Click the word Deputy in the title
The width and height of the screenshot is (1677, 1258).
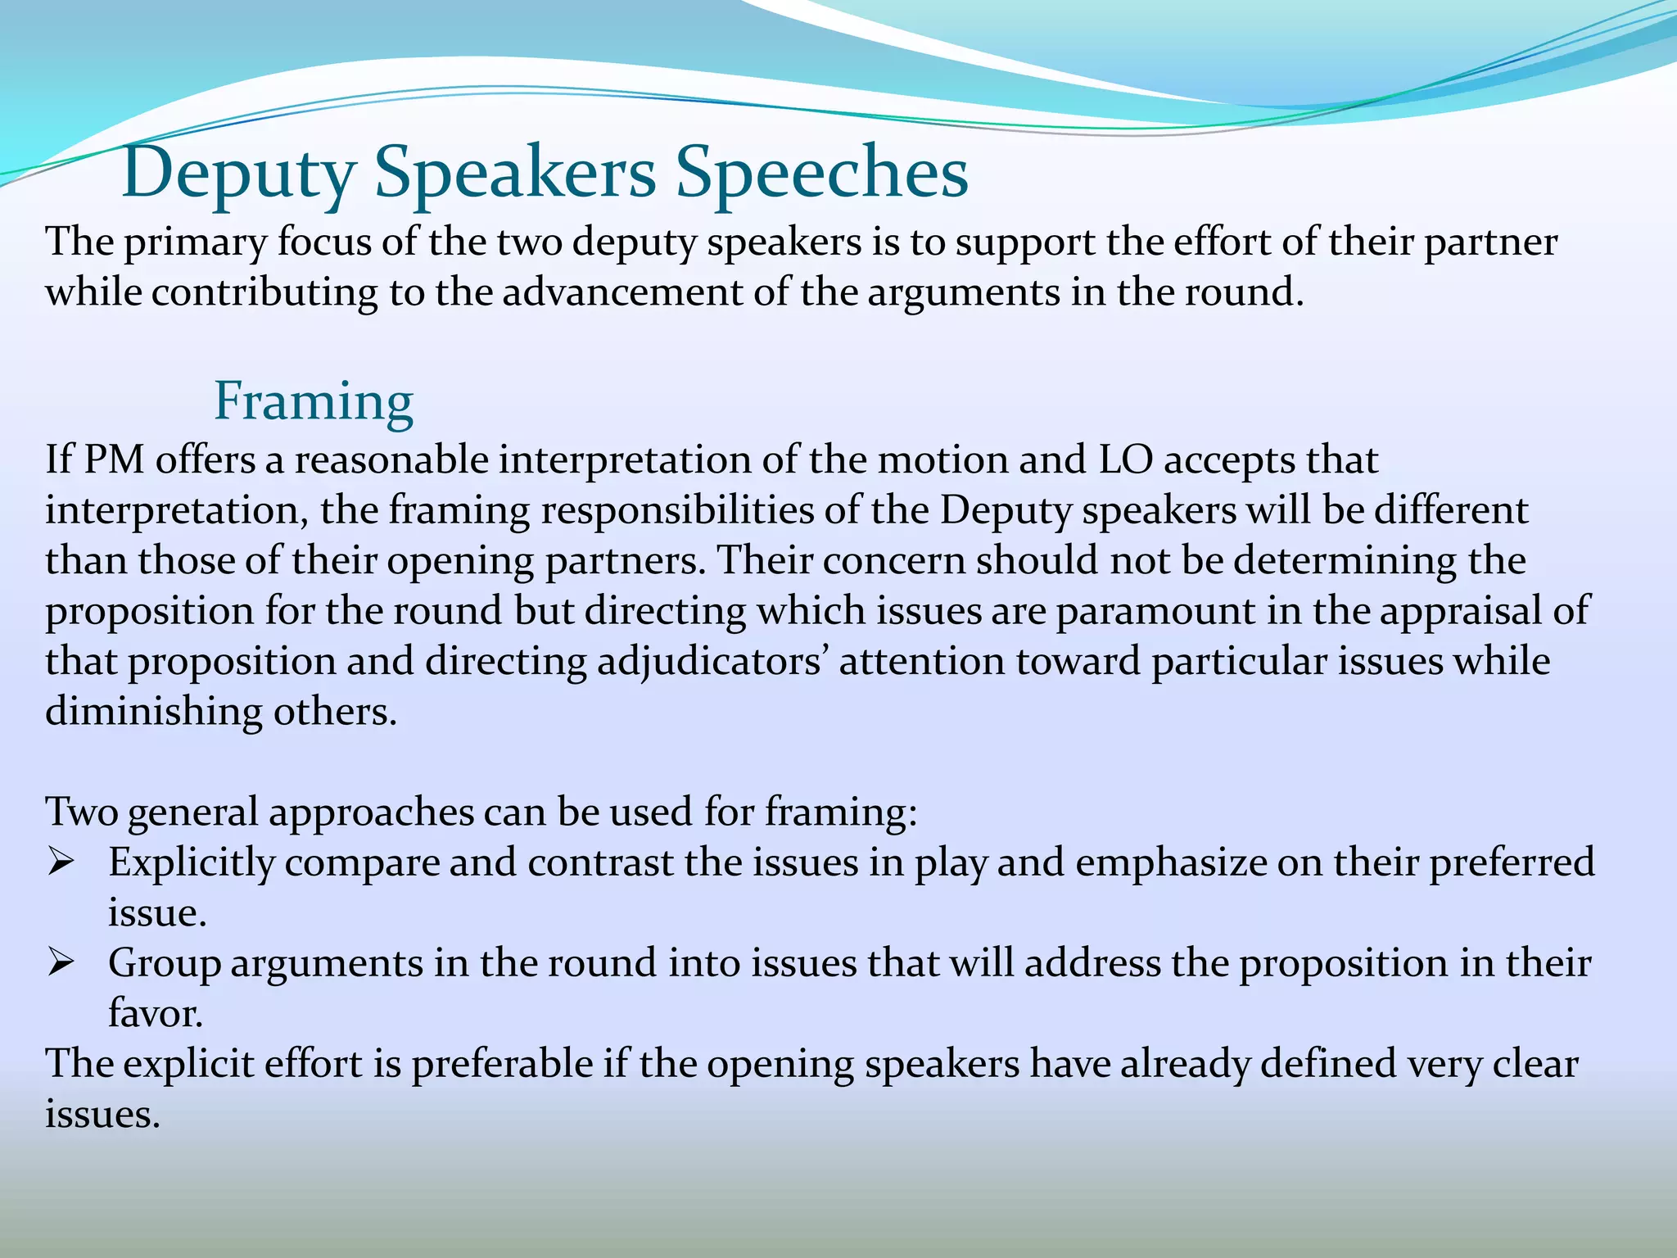pos(238,174)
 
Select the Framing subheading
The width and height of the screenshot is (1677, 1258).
pos(314,402)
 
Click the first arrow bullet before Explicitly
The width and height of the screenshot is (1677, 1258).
pos(61,862)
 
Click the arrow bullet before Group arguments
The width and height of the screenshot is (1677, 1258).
pos(61,963)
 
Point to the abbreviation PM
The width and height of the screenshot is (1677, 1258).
pos(114,459)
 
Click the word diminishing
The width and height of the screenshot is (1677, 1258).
pos(153,712)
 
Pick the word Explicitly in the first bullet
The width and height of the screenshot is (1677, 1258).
pos(192,863)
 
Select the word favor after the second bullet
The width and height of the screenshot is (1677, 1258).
pos(155,1014)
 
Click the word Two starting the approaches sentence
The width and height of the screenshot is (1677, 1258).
pos(81,812)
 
